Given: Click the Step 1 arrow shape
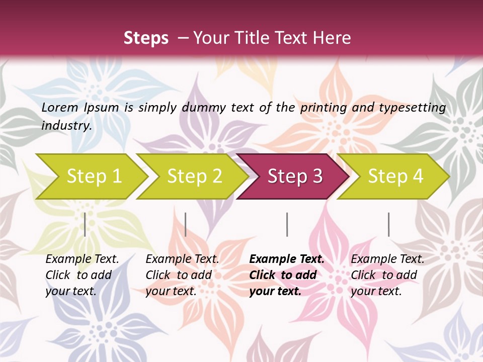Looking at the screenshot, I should coord(94,176).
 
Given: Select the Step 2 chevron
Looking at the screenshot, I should coord(194,176).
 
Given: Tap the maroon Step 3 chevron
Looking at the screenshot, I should coord(295,176).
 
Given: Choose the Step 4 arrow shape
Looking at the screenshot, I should coord(395,176).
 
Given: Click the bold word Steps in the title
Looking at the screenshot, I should coord(146,38).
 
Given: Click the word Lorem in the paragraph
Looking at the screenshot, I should coord(60,107).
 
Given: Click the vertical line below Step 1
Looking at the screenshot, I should coord(85,224).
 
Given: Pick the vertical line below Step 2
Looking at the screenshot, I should coord(186,224).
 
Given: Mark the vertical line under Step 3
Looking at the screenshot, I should coord(287,224).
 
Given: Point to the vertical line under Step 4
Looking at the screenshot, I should coord(388,224).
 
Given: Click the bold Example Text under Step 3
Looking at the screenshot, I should coord(287,259).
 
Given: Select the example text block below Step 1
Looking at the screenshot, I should coord(82,275).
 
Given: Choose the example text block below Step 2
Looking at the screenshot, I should coord(182,275).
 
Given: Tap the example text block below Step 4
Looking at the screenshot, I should coord(387,275).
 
